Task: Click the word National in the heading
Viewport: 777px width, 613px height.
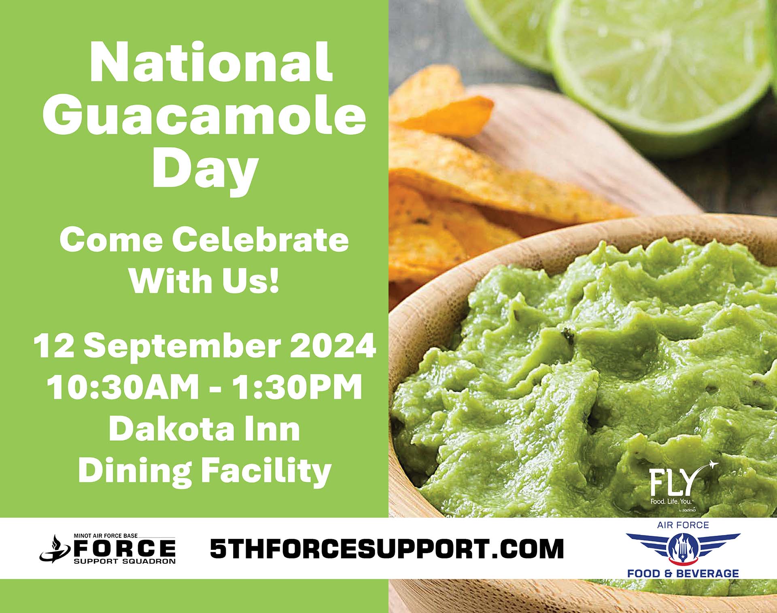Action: pos(211,62)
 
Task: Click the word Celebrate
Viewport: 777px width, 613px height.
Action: pos(261,240)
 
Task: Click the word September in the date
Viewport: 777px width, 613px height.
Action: pos(183,347)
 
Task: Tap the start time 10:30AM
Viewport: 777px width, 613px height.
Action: pos(123,387)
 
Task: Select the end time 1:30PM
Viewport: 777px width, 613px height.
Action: pos(297,387)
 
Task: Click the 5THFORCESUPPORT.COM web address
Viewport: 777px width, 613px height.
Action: pos(387,548)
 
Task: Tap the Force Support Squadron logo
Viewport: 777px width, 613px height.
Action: pos(108,548)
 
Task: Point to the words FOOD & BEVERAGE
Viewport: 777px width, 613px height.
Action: pos(683,573)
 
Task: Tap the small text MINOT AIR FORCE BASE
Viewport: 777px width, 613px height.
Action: pos(106,536)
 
